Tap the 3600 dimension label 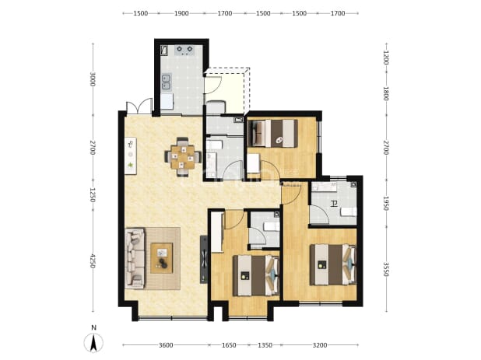166,345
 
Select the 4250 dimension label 93,261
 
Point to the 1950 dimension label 386,204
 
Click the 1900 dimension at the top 181,13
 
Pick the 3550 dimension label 386,269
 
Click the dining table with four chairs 183,157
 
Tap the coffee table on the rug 162,258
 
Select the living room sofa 135,258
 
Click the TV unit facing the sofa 204,259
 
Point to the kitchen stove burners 184,50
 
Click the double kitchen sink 167,82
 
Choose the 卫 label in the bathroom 334,204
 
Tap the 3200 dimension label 320,345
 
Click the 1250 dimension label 93,194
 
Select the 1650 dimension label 229,345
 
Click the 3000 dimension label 93,79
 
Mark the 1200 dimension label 386,58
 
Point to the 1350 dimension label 265,345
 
